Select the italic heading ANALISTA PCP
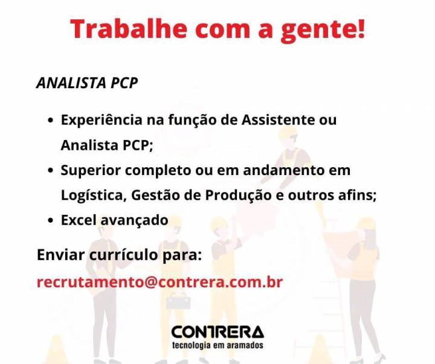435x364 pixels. [87, 83]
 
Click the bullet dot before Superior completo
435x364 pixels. [51, 170]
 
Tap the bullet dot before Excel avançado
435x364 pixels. [51, 220]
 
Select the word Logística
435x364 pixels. [92, 196]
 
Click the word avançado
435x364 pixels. [134, 221]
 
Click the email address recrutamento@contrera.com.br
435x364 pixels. [159, 283]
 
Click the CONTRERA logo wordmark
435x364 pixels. [217, 332]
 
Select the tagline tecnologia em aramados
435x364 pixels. [217, 345]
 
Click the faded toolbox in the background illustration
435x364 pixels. [178, 301]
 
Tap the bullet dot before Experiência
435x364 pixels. [51, 120]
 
